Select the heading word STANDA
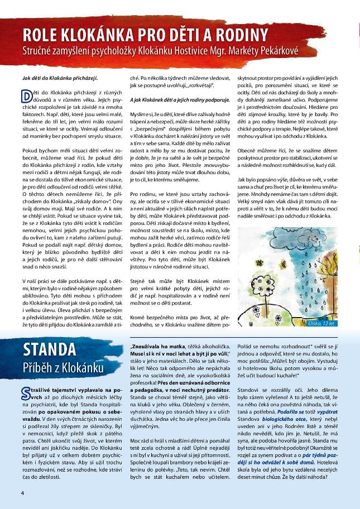pos(50,350)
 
